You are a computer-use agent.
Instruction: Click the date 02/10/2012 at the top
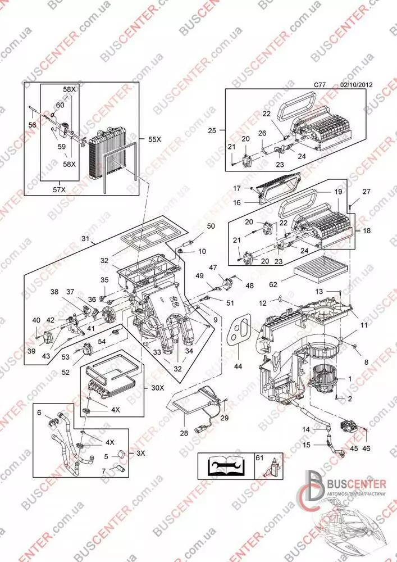(357, 85)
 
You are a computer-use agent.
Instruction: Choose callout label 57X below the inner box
(60, 190)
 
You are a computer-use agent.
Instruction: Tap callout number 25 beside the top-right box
(212, 130)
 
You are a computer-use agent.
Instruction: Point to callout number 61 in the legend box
(258, 458)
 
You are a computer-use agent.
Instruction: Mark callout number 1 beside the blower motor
(349, 379)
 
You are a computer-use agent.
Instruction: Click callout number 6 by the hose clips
(39, 413)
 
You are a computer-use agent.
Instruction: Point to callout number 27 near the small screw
(366, 192)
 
